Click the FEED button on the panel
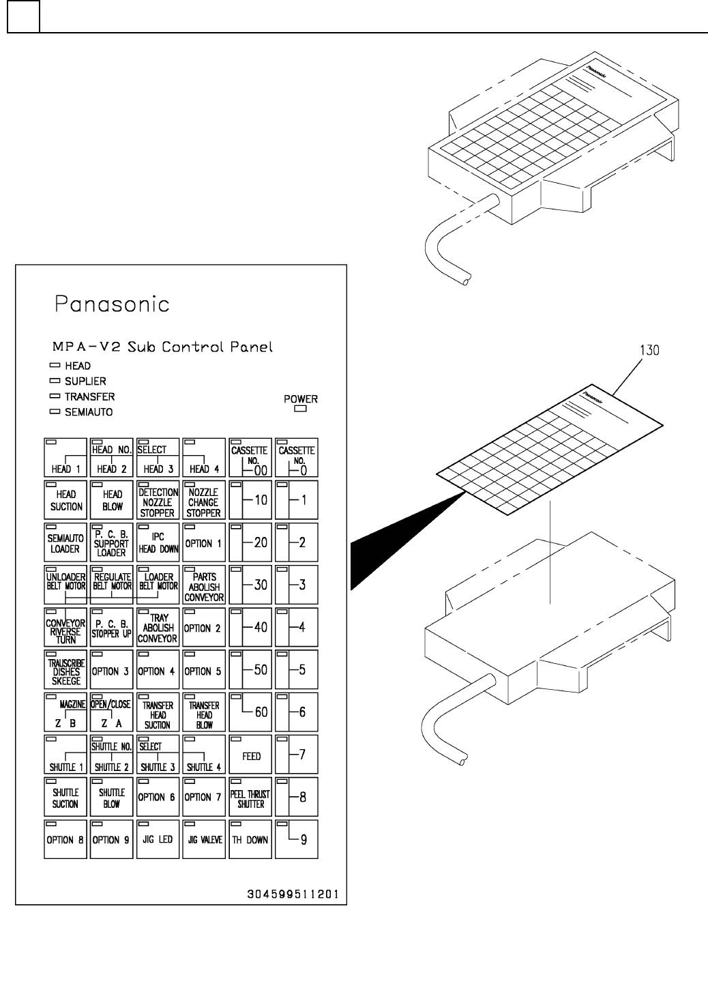tap(250, 755)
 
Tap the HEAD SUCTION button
tap(65, 501)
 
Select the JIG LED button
tap(158, 839)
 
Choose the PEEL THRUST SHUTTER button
tap(250, 798)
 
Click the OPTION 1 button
tap(204, 543)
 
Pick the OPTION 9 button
tap(112, 839)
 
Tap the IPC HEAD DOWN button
tap(158, 543)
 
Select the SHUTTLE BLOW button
tap(112, 798)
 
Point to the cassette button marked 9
tap(297, 839)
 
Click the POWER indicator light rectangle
tap(300, 410)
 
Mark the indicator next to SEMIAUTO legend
tap(55, 412)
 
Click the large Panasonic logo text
tap(113, 304)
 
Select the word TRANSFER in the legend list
tap(89, 396)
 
